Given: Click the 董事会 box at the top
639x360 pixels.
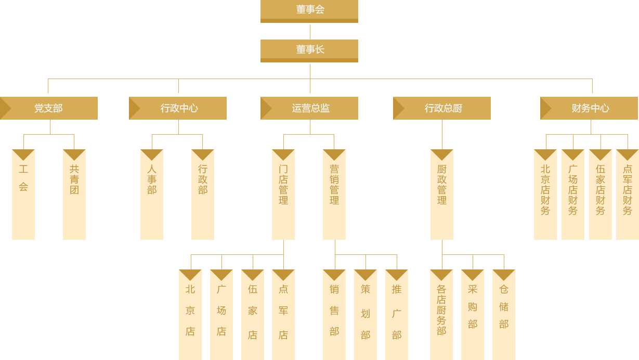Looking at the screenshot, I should (x=309, y=10).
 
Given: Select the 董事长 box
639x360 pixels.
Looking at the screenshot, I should (x=309, y=50).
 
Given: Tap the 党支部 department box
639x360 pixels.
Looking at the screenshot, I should (x=49, y=108).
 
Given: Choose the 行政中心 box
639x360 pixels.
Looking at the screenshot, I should (x=178, y=108).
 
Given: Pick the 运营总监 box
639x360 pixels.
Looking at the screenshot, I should (x=309, y=108).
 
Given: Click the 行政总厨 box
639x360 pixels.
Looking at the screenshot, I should (x=442, y=108).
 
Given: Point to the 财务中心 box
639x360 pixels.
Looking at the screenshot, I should (x=590, y=108).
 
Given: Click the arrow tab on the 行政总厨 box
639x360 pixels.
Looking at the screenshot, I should (x=398, y=108).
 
